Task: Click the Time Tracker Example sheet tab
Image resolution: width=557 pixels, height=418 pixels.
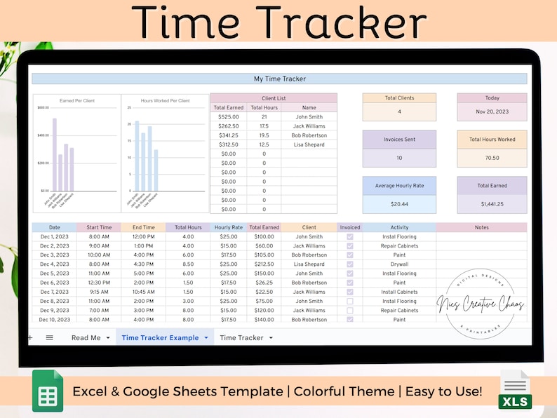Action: pyautogui.click(x=160, y=338)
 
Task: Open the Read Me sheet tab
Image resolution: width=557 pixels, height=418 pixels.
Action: pyautogui.click(x=86, y=338)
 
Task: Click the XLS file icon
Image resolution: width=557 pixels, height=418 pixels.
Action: pyautogui.click(x=516, y=391)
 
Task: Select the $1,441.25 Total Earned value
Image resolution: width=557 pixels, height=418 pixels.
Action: pyautogui.click(x=491, y=203)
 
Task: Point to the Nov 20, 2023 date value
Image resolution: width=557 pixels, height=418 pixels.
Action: pyautogui.click(x=491, y=112)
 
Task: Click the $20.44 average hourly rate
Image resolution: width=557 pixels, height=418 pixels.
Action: pyautogui.click(x=399, y=203)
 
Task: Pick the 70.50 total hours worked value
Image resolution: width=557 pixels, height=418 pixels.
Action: pyautogui.click(x=491, y=158)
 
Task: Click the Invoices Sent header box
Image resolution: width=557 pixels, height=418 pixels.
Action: pyautogui.click(x=399, y=140)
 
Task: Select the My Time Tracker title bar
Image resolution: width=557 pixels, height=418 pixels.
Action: pyautogui.click(x=279, y=79)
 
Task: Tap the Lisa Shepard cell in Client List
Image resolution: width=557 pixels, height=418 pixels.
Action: pyautogui.click(x=309, y=144)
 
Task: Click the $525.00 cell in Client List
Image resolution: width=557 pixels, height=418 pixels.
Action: pyautogui.click(x=229, y=117)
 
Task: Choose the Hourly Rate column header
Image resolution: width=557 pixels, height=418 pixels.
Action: pyautogui.click(x=228, y=227)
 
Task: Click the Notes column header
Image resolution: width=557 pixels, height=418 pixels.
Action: pyautogui.click(x=481, y=227)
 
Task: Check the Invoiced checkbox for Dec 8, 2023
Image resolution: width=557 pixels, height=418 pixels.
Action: pyautogui.click(x=350, y=301)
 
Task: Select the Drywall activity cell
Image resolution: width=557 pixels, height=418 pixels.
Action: pyautogui.click(x=399, y=264)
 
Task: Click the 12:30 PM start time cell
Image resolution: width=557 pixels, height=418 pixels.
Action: pyautogui.click(x=99, y=283)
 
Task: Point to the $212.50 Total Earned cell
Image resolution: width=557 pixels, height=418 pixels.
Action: pyautogui.click(x=264, y=264)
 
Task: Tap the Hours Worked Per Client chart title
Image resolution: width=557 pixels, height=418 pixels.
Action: pyautogui.click(x=165, y=101)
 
